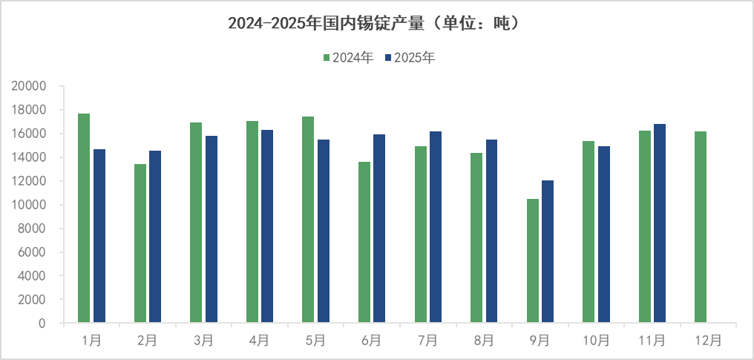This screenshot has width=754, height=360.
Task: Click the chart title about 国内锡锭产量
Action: [376, 24]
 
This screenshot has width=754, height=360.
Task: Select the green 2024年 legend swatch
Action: [325, 58]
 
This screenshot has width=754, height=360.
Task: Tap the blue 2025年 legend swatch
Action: [387, 58]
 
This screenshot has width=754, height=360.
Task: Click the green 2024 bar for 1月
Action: [84, 218]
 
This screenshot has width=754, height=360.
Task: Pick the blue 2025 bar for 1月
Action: [99, 236]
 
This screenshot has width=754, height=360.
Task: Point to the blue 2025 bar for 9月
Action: [548, 252]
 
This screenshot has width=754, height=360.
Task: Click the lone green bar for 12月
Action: [701, 227]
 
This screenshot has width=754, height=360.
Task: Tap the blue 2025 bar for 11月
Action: [660, 223]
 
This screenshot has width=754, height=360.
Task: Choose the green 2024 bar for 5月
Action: [308, 220]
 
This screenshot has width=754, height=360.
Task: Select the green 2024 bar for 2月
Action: [140, 243]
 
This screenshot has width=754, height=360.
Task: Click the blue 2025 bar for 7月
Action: [436, 227]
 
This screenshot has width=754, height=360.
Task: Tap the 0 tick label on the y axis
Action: [42, 324]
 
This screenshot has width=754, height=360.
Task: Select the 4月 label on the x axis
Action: [259, 341]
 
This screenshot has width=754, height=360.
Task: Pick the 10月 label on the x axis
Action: [596, 341]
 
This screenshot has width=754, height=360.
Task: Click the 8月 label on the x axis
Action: [484, 341]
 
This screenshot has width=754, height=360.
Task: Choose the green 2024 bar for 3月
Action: [196, 223]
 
